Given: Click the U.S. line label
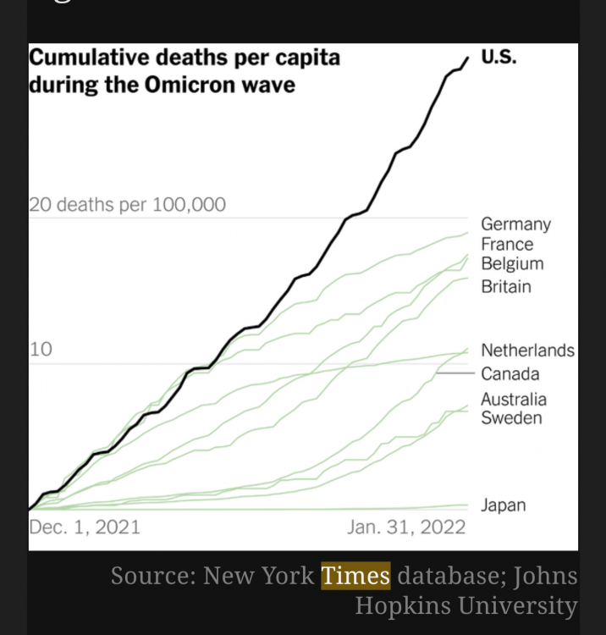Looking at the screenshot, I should (499, 58).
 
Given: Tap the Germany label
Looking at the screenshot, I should (515, 224).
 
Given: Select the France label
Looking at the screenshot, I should (507, 245).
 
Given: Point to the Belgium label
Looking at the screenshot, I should (512, 264).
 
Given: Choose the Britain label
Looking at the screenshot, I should (506, 286).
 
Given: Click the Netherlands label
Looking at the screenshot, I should (527, 351).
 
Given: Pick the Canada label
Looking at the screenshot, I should (510, 373).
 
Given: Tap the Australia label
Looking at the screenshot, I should (514, 400).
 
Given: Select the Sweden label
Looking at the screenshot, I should (511, 418).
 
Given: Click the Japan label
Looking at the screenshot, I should (503, 505).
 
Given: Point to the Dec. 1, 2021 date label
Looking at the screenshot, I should (85, 527).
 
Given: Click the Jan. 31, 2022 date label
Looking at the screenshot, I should (406, 527).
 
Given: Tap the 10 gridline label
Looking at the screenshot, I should (40, 349).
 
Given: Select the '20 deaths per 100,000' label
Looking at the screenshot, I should (127, 204).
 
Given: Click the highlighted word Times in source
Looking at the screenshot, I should (355, 577).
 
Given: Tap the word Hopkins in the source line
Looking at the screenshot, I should (404, 606).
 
